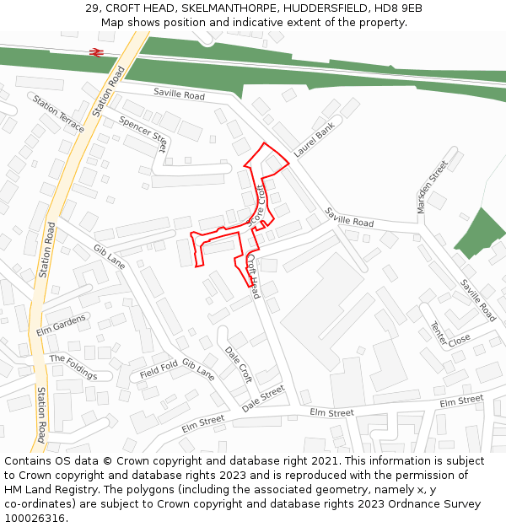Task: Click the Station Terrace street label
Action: (59, 113)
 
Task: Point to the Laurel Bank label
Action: (315, 139)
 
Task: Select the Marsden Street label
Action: (432, 186)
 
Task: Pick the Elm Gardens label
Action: (61, 325)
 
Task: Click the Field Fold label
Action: (159, 369)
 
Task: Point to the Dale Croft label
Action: (239, 363)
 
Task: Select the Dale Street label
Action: (263, 399)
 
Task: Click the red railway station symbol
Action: (96, 51)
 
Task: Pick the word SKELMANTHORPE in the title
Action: (231, 8)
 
